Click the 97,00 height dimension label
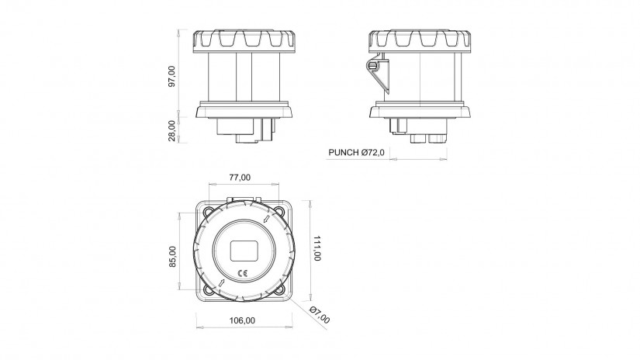tap(172, 76)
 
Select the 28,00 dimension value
tap(172, 130)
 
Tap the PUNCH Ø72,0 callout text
tap(356, 153)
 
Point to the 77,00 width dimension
tap(240, 178)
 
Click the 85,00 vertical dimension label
tap(173, 257)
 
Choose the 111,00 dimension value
tap(317, 247)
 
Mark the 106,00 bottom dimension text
tap(242, 320)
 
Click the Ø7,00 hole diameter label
tap(320, 314)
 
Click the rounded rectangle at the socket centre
tap(244, 251)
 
